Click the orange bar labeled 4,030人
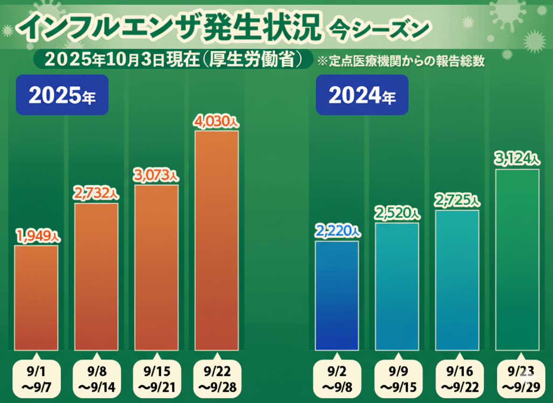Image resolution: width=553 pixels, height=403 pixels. coord(217,240)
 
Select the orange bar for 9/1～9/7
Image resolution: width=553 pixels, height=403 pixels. coord(36,298)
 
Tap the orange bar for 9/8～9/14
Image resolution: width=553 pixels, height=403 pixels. coord(96,277)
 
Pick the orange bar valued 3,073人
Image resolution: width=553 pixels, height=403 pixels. coord(156,267)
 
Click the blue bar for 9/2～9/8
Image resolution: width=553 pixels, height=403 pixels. coord(337,295)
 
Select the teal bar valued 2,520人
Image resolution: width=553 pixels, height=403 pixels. coord(397,286)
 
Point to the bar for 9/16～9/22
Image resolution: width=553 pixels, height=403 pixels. coord(457,280)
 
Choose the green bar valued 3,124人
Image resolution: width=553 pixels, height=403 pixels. coord(517,259)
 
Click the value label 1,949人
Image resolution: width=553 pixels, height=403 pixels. coord(38,236)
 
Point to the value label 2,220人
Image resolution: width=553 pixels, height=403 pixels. coord(338,231)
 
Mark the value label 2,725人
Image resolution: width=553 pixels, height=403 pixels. coord(457,201)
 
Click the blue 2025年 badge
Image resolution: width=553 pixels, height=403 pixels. coord(62,95)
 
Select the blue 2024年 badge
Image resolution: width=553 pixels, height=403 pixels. coord(362,95)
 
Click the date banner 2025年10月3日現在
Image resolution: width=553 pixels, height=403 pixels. coord(173,59)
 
